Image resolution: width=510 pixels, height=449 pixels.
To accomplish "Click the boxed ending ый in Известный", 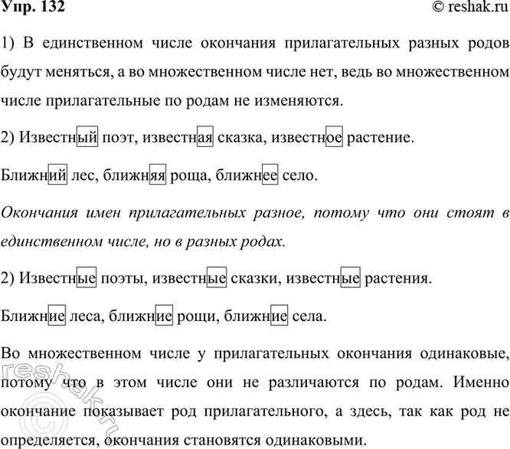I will tap(88, 138).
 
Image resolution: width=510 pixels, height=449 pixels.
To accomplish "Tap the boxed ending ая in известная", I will tap(205, 138).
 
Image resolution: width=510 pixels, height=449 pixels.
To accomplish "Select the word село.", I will tap(298, 175).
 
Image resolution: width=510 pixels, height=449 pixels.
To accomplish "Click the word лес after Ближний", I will tap(80, 175).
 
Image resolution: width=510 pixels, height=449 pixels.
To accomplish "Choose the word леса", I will tap(83, 315).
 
